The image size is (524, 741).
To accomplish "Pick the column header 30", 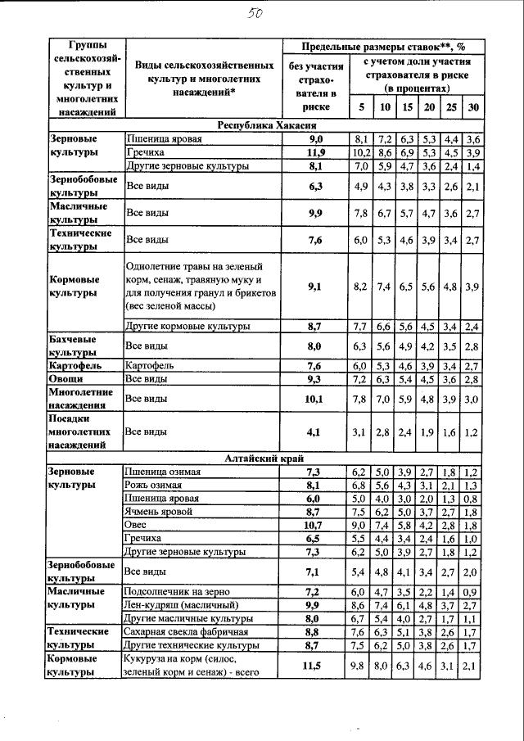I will coord(472,107).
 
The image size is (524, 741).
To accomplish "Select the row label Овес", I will coord(135,525).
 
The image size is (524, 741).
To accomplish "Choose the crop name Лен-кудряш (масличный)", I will coord(181,604).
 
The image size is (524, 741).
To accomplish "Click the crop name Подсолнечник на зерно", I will coord(176,591).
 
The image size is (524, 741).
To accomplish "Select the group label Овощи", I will coord(65,380).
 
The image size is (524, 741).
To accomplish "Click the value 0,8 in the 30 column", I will coord(470,498).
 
